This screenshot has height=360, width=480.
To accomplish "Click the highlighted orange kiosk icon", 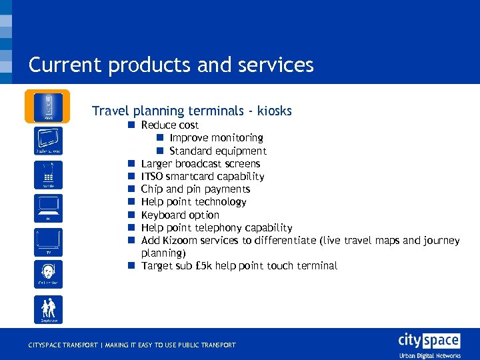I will [x=47, y=107].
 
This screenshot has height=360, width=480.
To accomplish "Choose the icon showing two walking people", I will [x=47, y=309].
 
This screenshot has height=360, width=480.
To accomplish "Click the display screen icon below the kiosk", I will [x=47, y=140].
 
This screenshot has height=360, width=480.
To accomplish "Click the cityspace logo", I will [x=429, y=341].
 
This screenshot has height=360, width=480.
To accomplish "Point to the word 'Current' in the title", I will [x=64, y=65].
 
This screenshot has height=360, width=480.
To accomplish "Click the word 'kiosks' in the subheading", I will [x=272, y=111].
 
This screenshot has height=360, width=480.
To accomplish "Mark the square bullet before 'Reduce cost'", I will [x=133, y=125].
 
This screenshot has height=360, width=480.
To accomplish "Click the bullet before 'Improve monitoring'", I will [x=161, y=138].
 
